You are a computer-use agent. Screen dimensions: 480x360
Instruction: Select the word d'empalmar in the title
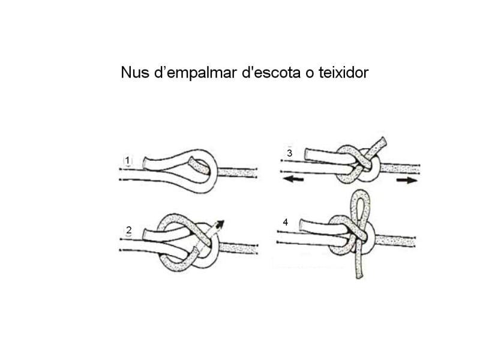pos(196,73)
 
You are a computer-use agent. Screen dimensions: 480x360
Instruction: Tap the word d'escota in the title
pos(271,73)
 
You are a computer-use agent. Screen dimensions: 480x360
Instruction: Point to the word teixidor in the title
pos(343,73)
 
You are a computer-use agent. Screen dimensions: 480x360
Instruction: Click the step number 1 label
pos(127,160)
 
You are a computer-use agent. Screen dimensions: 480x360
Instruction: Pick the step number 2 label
pos(128,230)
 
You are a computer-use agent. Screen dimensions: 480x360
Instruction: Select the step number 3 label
pos(289,153)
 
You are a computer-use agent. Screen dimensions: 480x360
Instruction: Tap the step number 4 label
pos(286,222)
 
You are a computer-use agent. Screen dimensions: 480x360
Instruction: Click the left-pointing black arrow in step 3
pos(293,179)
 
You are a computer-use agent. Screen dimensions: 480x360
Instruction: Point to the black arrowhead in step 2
pos(220,224)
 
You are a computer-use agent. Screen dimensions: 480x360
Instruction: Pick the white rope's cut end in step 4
pos(302,224)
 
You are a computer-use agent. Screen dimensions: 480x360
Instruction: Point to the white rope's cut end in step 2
pos(145,234)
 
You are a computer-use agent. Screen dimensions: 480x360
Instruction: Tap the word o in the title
pos(309,74)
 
